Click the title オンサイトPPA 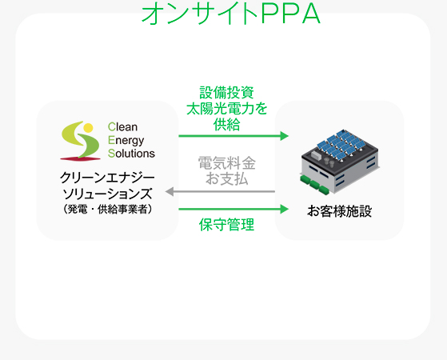click(x=231, y=13)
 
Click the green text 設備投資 click(x=226, y=93)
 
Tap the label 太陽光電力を click(x=226, y=109)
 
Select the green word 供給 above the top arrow click(x=226, y=124)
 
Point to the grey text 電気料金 click(x=226, y=163)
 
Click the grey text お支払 click(x=226, y=179)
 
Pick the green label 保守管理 click(x=226, y=225)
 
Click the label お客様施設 click(x=340, y=211)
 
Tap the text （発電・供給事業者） click(x=107, y=209)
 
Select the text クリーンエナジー click(x=107, y=178)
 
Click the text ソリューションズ click(x=107, y=194)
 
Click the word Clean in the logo click(x=122, y=126)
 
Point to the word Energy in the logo click(x=126, y=140)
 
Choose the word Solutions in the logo click(x=131, y=153)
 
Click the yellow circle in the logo click(x=89, y=128)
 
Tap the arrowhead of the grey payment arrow click(x=170, y=192)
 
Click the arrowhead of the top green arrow click(x=284, y=136)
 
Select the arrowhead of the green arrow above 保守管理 click(x=284, y=209)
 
